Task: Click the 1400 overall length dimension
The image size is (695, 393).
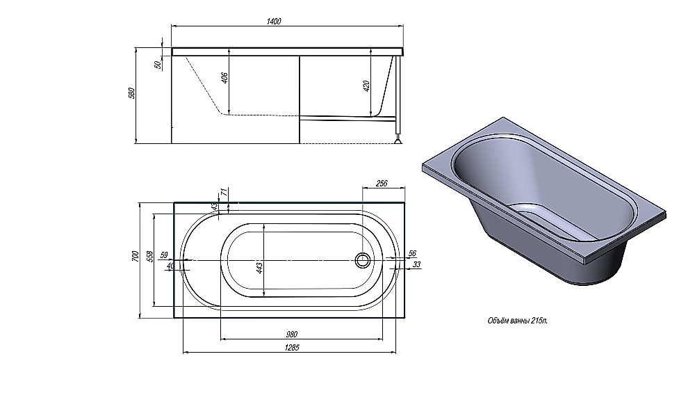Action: [274, 21]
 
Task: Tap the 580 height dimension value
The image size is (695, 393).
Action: [131, 93]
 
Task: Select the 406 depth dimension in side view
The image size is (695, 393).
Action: [224, 78]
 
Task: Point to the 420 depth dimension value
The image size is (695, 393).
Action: [366, 86]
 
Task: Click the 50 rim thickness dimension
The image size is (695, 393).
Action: [158, 65]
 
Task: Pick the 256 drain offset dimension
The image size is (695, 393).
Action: [382, 183]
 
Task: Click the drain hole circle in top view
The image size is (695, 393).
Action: [362, 260]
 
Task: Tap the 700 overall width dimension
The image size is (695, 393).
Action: [136, 257]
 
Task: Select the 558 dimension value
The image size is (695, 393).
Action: [150, 257]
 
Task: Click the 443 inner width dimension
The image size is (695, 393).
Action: [259, 268]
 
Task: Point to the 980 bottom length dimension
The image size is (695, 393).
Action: [292, 334]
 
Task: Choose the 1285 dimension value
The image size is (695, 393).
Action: [292, 347]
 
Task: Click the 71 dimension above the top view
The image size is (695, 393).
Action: [224, 192]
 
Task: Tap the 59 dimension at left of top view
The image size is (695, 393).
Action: [164, 255]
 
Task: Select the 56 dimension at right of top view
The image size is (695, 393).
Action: [412, 253]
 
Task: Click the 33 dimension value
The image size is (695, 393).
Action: [416, 264]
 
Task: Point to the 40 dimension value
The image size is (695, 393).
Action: [170, 265]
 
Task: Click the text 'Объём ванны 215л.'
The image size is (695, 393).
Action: [517, 321]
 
